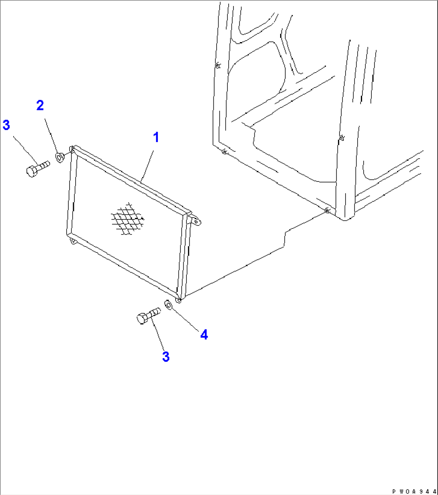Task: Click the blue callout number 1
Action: point(156,137)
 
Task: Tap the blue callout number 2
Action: point(40,105)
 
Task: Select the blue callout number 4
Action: point(204,334)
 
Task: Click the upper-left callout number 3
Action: point(6,125)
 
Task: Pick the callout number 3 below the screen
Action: point(166,356)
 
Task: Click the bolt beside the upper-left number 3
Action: point(37,169)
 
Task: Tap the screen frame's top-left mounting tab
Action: point(72,149)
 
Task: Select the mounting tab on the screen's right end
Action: point(195,220)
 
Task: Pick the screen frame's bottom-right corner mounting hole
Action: point(179,300)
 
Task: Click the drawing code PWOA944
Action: point(414,491)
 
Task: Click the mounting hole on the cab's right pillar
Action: point(341,138)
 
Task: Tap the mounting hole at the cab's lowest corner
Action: point(327,210)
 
